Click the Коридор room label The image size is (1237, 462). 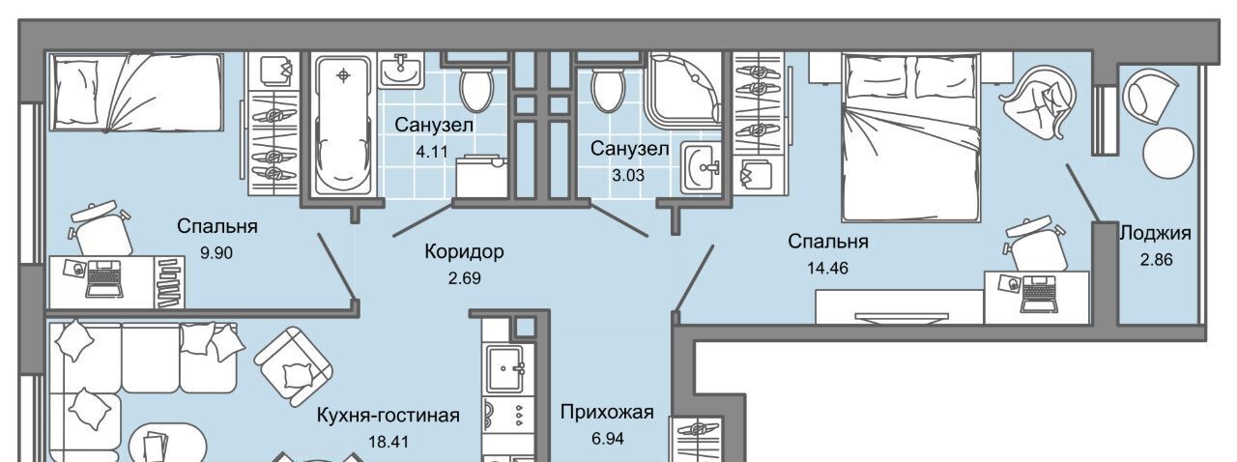pos(464,252)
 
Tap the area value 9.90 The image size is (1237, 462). pos(216,253)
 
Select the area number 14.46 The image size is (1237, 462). pos(827,269)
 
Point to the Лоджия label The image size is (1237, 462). pos(1155,233)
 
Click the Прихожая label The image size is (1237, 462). pos(607,413)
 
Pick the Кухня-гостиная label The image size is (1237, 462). pos(388,415)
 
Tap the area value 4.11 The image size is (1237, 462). pos(432,152)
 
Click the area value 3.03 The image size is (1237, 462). pos(628,176)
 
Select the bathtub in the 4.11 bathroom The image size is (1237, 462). pos(342,125)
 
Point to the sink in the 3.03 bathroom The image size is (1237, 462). pos(702,167)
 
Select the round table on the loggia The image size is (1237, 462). pos(1168,153)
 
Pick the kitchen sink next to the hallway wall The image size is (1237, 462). pos(505,367)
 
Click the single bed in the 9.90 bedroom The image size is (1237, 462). pos(137,92)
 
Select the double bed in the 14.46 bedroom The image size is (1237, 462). pos(910,137)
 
